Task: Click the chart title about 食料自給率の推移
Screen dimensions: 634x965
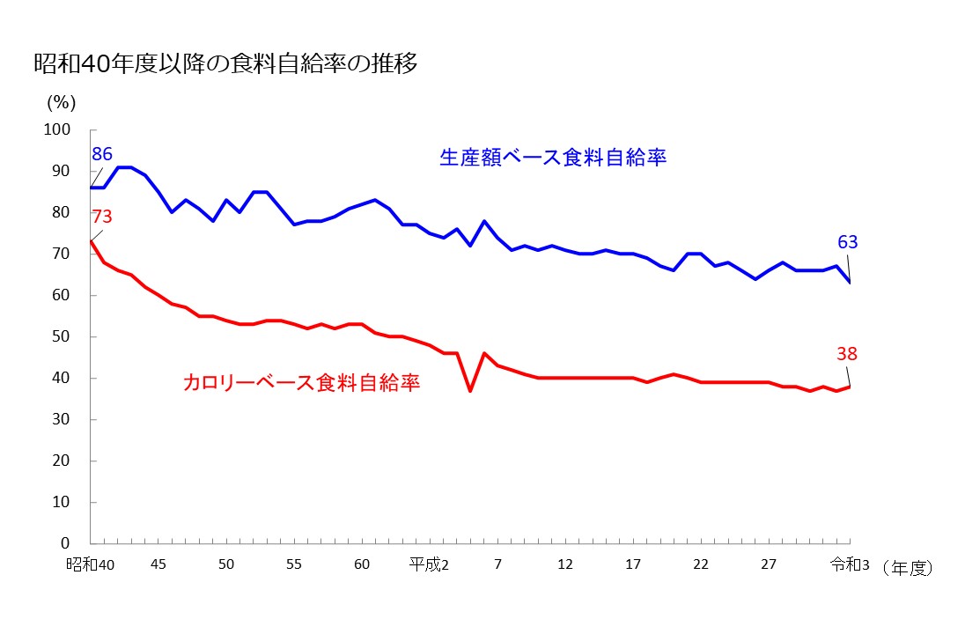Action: (225, 65)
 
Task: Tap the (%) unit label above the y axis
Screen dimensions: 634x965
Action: (62, 102)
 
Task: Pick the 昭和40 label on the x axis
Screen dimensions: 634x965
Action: (91, 564)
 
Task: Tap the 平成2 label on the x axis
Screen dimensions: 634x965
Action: (429, 564)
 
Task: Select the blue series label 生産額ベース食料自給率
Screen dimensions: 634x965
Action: (553, 158)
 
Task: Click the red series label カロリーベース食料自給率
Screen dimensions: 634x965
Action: (301, 382)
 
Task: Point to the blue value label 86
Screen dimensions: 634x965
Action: (102, 155)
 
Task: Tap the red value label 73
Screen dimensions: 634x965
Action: (101, 217)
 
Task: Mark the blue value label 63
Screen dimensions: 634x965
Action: (847, 242)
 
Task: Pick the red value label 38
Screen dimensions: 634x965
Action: (847, 354)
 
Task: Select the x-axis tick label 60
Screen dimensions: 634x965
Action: (362, 564)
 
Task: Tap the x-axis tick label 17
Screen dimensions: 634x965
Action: (633, 564)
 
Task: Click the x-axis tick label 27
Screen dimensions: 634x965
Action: (769, 564)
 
